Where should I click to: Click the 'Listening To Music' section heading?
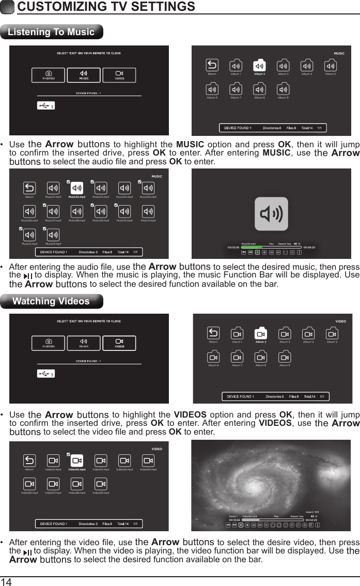click(x=51, y=32)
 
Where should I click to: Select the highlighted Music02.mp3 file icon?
click(x=77, y=188)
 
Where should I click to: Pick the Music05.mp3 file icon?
click(x=148, y=188)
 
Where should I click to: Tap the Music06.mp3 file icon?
click(x=29, y=211)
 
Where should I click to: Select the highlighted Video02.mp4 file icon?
click(x=76, y=461)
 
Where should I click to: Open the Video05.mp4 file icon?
click(x=148, y=461)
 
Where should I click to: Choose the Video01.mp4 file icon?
click(x=53, y=461)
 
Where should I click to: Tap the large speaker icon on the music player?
click(x=271, y=213)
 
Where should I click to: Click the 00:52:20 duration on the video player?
click(x=312, y=520)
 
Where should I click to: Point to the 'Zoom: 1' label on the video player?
click(x=233, y=516)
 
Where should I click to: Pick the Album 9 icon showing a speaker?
click(x=283, y=88)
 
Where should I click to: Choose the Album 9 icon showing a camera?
click(x=285, y=357)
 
